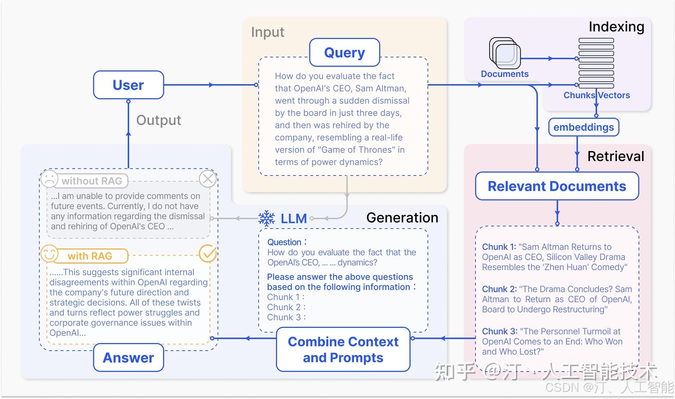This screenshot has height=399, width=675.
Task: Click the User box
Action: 128,85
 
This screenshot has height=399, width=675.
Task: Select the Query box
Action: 345,52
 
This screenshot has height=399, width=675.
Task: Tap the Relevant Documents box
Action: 557,186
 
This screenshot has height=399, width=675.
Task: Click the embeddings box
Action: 583,127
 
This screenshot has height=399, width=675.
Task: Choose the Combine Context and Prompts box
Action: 343,349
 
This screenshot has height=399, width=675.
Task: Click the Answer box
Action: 128,357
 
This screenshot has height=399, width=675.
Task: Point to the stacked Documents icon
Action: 505,53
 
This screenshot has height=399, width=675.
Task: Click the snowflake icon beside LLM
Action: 267,218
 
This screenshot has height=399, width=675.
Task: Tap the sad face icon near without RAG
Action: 49,178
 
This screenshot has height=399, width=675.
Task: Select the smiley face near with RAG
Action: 49,253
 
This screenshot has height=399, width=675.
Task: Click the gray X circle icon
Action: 208,178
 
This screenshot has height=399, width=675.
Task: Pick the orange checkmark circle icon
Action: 208,254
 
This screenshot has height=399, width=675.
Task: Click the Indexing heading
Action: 616,27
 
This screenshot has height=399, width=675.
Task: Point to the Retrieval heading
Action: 615,156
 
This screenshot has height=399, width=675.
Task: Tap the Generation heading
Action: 402,217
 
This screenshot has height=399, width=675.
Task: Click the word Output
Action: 158,120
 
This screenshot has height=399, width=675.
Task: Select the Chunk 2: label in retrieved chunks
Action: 499,289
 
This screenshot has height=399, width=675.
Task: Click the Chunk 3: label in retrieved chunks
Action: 499,331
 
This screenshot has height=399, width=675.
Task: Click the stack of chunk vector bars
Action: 596,63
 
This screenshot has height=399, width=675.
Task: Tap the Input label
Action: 267,32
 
